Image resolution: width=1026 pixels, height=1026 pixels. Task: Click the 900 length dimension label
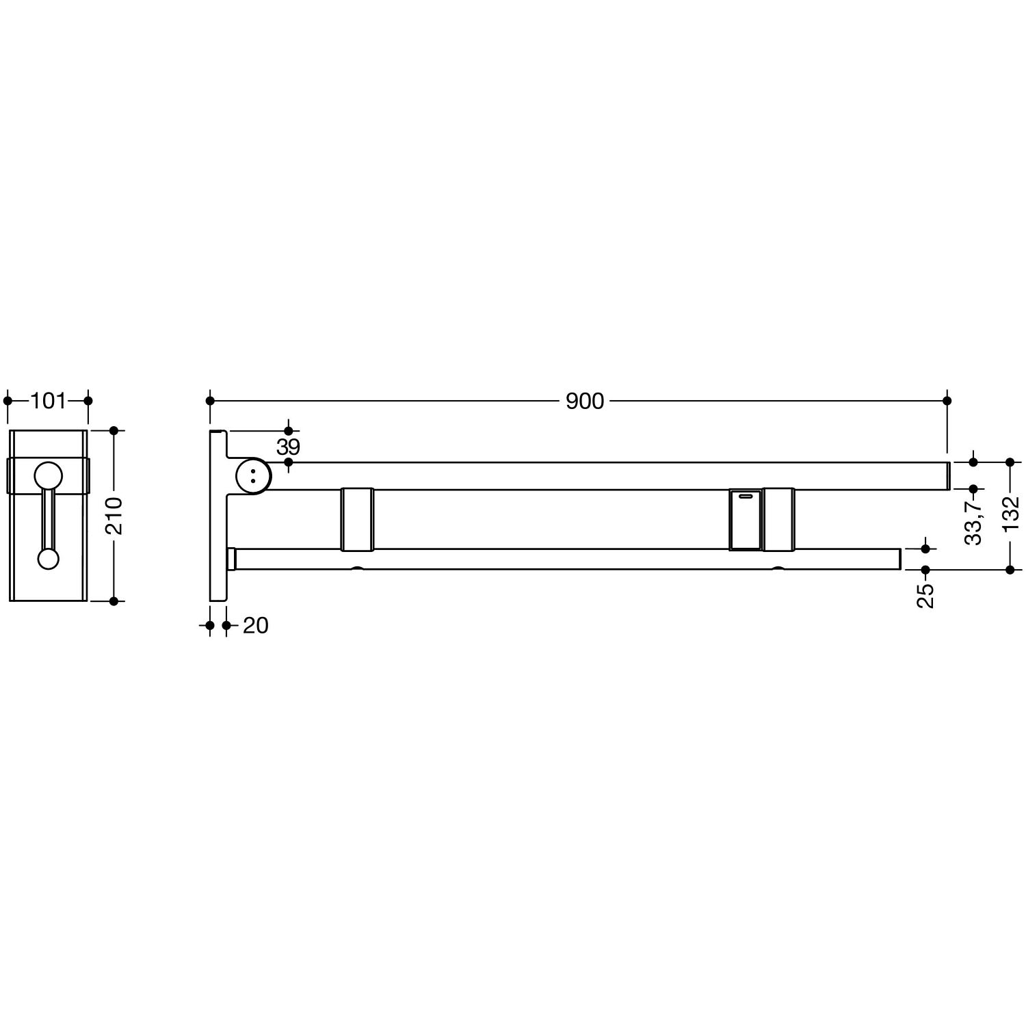[585, 401]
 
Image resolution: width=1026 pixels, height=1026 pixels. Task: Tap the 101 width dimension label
[48, 401]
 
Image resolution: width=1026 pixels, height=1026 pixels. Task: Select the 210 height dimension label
[114, 516]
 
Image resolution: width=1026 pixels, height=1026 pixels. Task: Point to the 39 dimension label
[288, 447]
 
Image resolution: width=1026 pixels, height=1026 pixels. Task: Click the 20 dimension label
[256, 625]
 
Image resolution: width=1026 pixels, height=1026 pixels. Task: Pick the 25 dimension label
[925, 595]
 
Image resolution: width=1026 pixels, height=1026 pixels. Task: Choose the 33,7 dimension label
[974, 522]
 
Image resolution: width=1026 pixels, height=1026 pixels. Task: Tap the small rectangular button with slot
[746, 519]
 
